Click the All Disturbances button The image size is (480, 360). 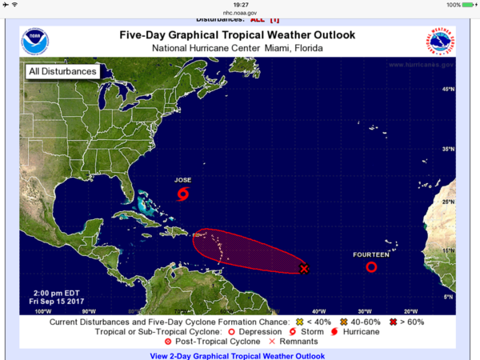coord(63,71)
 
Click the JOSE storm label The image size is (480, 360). coord(184,180)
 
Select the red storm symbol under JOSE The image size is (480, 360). coord(184,194)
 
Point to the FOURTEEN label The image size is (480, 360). coord(371,254)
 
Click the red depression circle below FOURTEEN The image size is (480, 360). coord(371,267)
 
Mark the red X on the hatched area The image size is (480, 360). coord(304,269)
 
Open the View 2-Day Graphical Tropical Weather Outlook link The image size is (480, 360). coord(238,355)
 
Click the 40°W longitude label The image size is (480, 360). coord(319,311)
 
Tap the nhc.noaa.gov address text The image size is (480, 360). coord(239,12)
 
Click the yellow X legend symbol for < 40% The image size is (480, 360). coord(301,322)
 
